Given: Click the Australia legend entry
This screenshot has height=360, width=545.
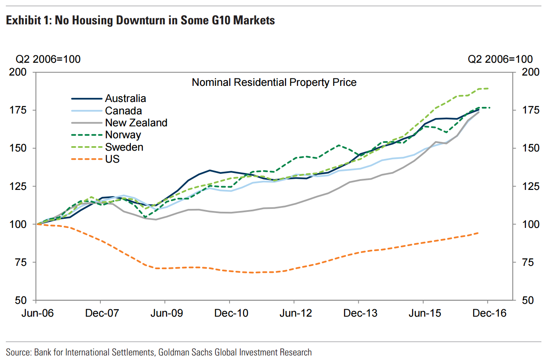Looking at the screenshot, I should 126,98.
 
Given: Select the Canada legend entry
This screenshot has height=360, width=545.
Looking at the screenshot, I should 123,111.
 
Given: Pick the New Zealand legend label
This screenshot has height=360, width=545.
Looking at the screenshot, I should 136,123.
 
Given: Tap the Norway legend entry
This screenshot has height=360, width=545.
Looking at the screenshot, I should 123,135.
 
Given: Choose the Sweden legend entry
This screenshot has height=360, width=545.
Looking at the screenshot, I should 124,147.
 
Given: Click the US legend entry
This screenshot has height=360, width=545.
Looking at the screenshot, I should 112,159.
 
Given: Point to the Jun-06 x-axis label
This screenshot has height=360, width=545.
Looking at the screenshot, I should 37,313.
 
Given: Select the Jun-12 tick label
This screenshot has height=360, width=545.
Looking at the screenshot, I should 295,313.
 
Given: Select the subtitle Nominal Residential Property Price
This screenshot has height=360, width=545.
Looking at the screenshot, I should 274,83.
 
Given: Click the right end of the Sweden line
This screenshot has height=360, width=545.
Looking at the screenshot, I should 488,88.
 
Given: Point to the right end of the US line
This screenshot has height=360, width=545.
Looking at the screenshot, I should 479,233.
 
